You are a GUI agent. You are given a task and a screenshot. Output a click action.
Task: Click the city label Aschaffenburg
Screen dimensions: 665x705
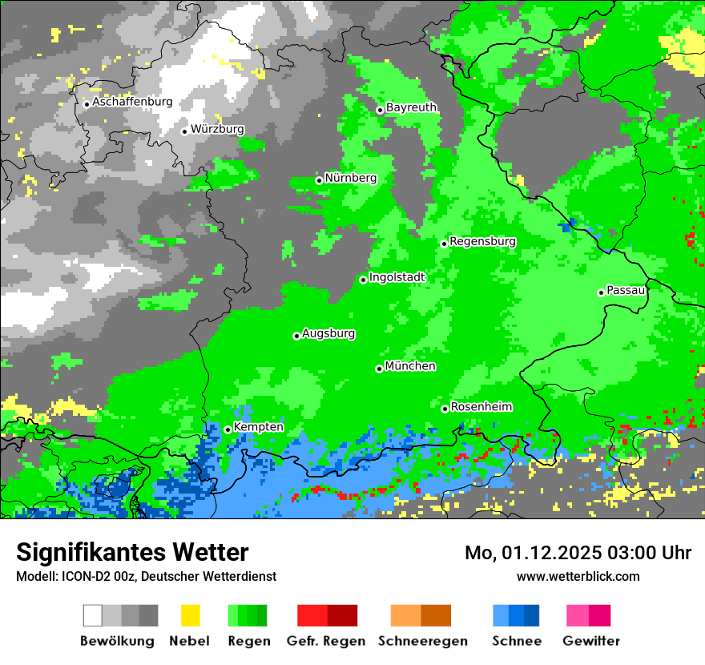(x=132, y=103)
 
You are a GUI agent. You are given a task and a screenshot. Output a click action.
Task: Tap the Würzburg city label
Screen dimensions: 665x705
(x=217, y=129)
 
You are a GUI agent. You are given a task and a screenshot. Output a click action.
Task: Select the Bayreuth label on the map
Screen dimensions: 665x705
(x=412, y=107)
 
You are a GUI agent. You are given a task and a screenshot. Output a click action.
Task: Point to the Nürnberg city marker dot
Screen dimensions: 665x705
(x=319, y=180)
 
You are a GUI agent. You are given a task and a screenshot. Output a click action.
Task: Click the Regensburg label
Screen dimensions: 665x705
(x=482, y=241)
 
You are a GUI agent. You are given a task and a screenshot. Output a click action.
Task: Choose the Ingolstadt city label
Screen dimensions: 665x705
(x=397, y=277)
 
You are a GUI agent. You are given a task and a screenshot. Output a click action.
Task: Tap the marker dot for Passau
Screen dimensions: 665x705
(x=601, y=292)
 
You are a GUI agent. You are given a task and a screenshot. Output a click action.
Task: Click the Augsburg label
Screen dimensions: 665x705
(x=328, y=333)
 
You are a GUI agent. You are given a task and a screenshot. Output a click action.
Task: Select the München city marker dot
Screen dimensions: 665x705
(x=379, y=369)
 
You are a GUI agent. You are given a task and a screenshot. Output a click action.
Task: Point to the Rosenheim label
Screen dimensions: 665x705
(x=481, y=406)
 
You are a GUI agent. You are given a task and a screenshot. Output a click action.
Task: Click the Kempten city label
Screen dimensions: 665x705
(x=258, y=427)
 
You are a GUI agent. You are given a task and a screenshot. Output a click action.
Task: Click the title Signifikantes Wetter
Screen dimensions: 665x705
(x=132, y=552)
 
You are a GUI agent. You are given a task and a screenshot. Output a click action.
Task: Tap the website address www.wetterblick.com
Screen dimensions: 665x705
(x=578, y=576)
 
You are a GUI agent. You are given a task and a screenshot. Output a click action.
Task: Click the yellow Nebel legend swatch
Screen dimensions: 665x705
(x=190, y=615)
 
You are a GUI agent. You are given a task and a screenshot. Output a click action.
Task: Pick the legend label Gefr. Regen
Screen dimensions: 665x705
(x=327, y=641)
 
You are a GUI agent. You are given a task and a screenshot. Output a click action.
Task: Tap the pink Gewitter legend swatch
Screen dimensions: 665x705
(x=578, y=615)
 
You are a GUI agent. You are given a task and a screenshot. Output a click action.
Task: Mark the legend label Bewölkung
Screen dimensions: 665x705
(x=117, y=641)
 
